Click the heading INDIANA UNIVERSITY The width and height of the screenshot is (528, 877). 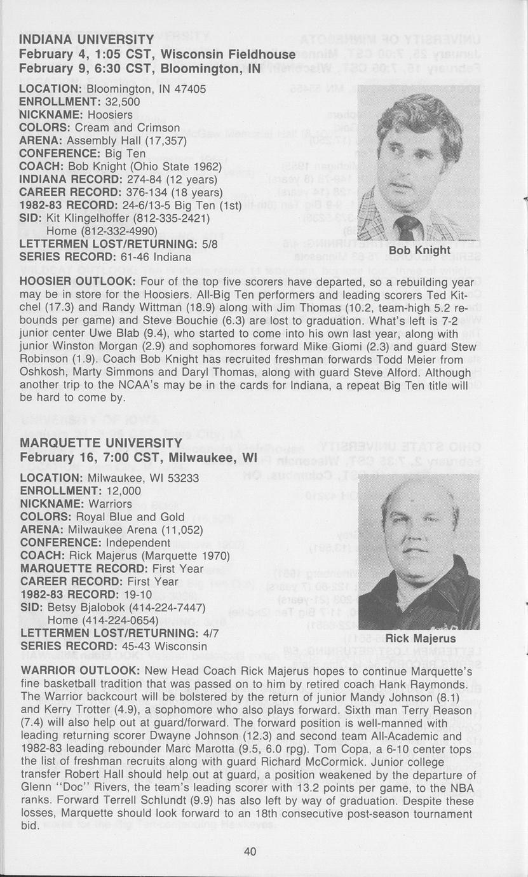[x=86, y=41]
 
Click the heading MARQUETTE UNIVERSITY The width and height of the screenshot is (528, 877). [x=102, y=442]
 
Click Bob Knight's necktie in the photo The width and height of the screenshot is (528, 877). [x=407, y=228]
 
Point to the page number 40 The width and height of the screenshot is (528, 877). [x=250, y=852]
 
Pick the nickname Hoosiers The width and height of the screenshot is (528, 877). [x=110, y=115]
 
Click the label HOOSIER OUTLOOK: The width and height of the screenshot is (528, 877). [x=78, y=282]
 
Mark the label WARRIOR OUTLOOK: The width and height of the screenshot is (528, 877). [x=81, y=671]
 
